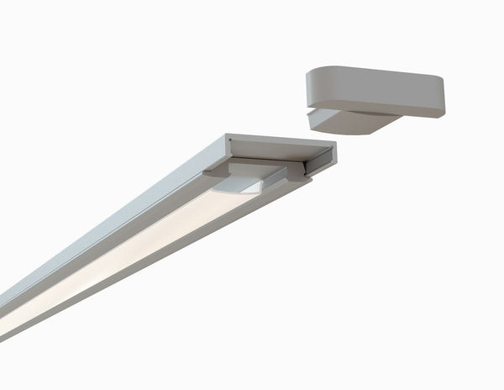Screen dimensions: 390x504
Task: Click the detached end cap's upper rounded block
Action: point(374,88)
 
